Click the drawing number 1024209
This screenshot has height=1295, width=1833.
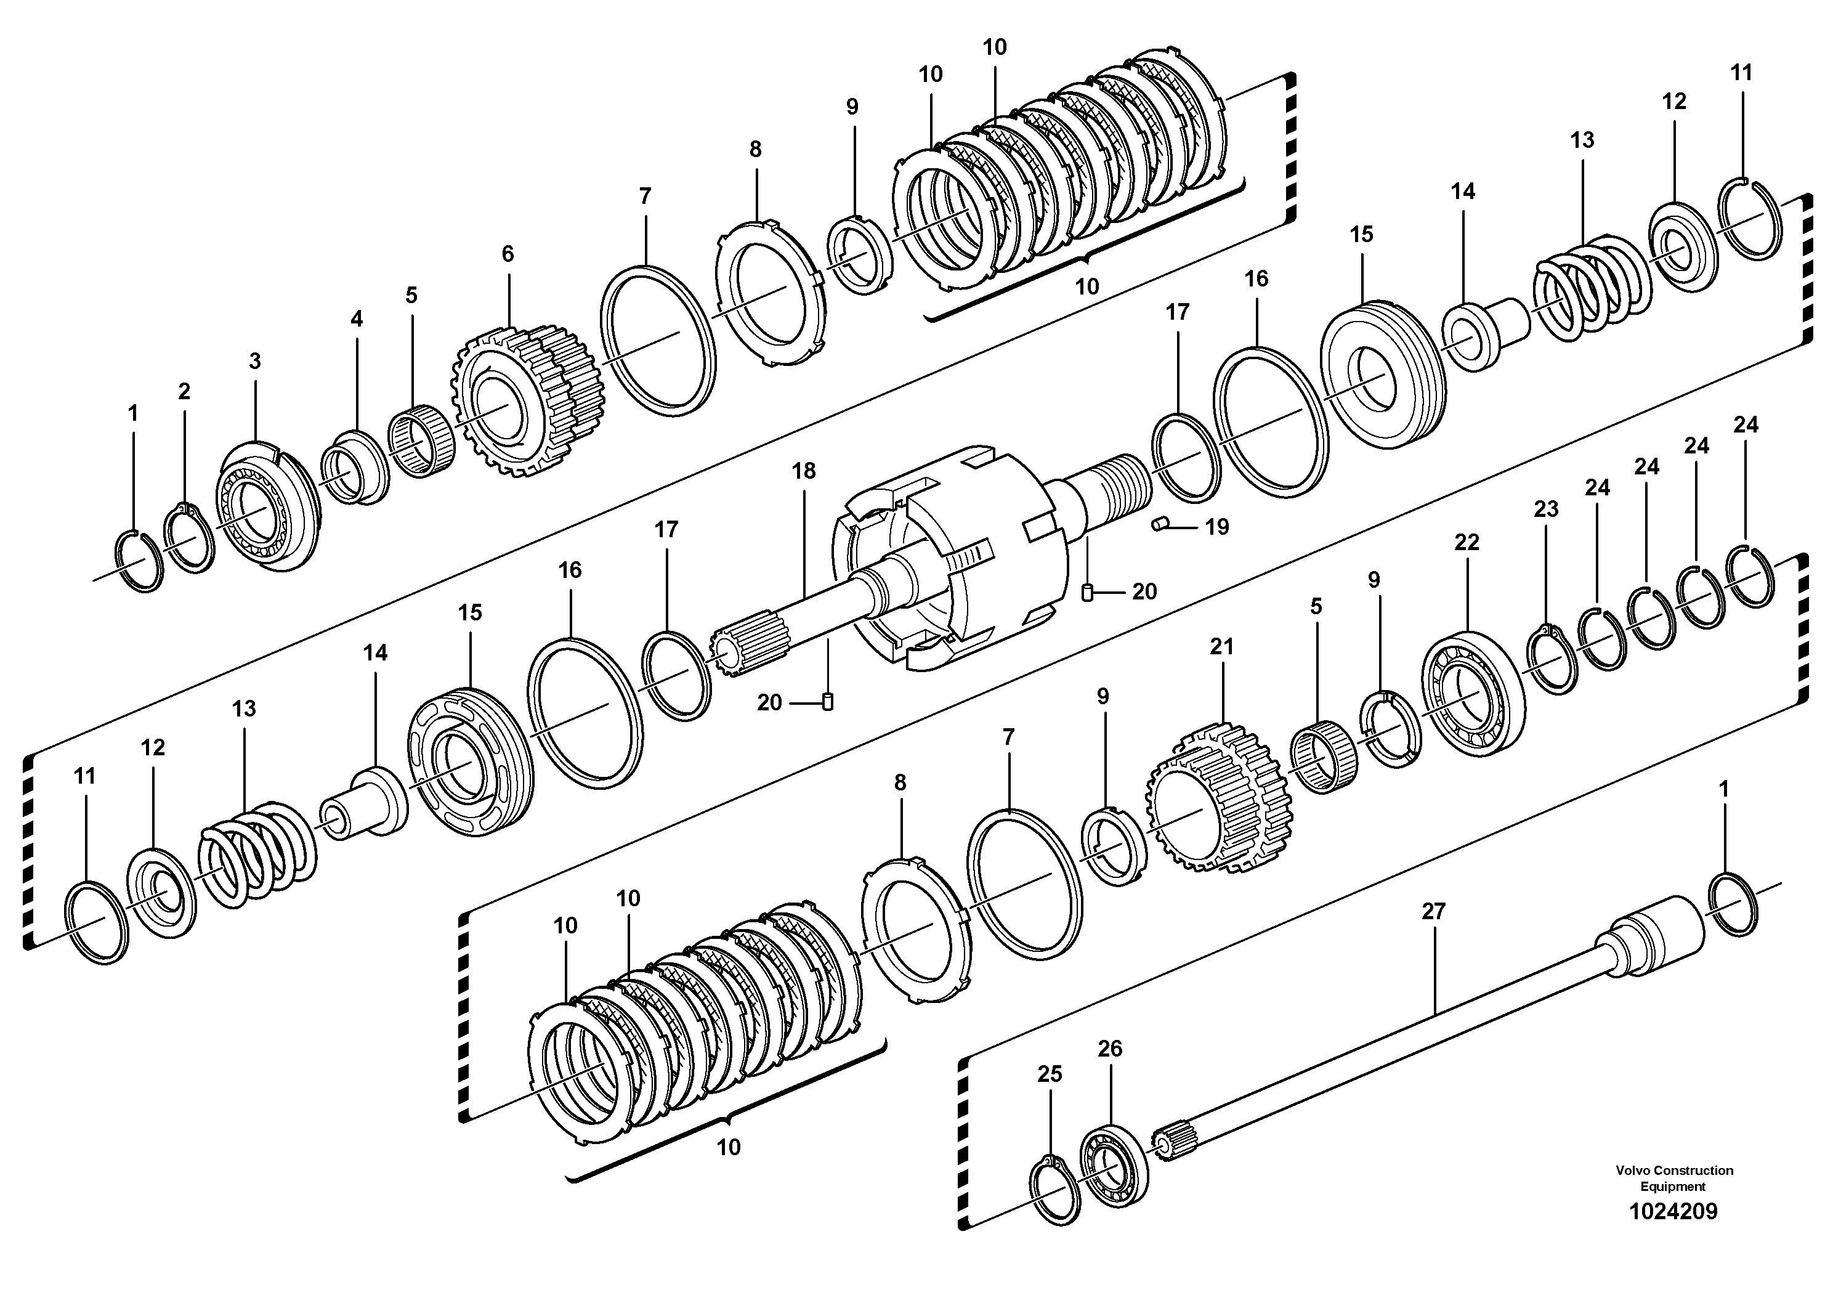(x=1672, y=1211)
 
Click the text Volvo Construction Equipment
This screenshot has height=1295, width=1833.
(x=1674, y=1177)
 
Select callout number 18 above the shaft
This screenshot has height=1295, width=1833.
(x=804, y=471)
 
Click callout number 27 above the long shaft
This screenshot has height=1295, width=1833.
(x=1433, y=911)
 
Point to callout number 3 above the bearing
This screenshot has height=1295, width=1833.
(x=254, y=362)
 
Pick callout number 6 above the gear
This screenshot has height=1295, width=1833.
(x=508, y=254)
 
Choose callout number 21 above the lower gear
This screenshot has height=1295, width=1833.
(x=1221, y=647)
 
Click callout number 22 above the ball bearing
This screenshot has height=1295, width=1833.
(x=1467, y=542)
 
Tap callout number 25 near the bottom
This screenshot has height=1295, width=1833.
(x=1050, y=1074)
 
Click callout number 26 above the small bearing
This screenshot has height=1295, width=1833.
(x=1110, y=1049)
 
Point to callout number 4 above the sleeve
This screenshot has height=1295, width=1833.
(x=356, y=319)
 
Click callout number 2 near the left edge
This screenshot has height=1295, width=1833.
(x=184, y=391)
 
